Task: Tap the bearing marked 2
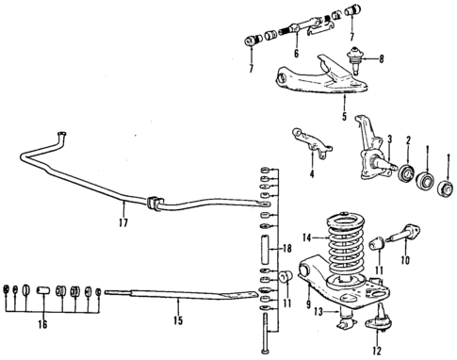406,173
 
